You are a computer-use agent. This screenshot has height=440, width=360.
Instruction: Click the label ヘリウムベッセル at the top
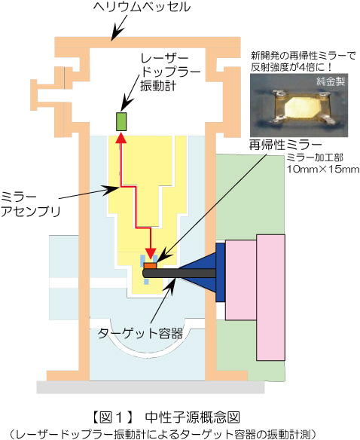coord(142,8)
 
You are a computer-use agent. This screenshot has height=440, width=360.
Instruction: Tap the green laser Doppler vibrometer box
coord(121,121)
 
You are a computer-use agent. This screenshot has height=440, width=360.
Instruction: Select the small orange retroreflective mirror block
coord(150,265)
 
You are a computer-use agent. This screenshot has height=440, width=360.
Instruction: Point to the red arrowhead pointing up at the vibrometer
coord(121,137)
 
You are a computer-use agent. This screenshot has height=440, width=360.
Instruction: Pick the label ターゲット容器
coord(140,334)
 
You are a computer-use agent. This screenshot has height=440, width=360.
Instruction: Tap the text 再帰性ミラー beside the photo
coord(285,145)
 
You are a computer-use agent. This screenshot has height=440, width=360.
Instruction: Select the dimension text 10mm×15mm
coord(322,170)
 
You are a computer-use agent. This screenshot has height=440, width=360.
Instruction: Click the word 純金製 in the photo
coord(331,81)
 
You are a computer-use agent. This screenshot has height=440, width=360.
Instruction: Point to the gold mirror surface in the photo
coord(301,107)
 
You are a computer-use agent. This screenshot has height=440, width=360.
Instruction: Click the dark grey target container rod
coord(179,273)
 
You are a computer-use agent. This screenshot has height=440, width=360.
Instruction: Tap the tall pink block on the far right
coord(271,298)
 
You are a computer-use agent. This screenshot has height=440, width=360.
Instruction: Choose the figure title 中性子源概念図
coord(193,417)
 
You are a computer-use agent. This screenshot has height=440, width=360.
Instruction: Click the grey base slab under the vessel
coord(151,387)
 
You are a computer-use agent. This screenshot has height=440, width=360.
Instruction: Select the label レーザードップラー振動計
coord(170,72)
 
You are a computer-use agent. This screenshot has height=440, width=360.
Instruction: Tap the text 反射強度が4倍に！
coord(291,67)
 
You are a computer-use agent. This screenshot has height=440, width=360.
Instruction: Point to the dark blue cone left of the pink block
coord(197,272)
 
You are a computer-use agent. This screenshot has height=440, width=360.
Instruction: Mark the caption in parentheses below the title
coord(163,434)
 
